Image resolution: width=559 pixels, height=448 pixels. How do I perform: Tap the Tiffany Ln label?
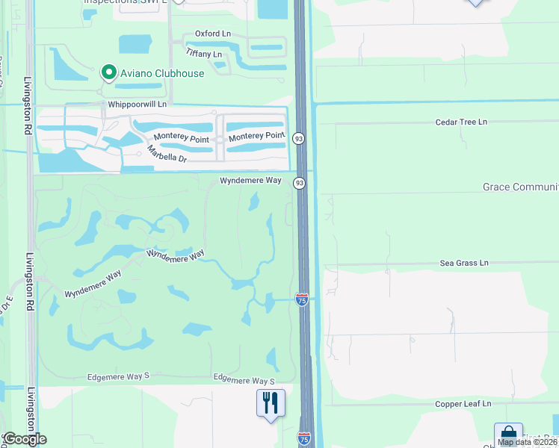[x=203, y=54]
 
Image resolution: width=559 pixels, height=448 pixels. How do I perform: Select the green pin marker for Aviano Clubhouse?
[x=108, y=72]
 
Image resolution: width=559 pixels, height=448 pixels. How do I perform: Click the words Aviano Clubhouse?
[x=162, y=73]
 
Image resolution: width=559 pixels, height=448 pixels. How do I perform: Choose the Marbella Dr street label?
[x=167, y=152]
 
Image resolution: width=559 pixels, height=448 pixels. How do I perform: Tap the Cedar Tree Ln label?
[x=461, y=122]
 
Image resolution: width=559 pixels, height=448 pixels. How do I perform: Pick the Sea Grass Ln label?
[x=463, y=263]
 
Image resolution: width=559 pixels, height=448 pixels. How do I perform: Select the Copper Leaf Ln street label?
[x=463, y=404]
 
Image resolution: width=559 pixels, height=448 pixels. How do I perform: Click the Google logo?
[x=25, y=439]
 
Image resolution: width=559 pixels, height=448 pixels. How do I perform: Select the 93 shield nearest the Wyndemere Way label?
[x=299, y=183]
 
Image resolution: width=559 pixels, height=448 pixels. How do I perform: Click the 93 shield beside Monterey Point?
[x=298, y=138]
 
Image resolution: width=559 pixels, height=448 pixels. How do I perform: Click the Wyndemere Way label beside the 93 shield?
[x=250, y=181]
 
